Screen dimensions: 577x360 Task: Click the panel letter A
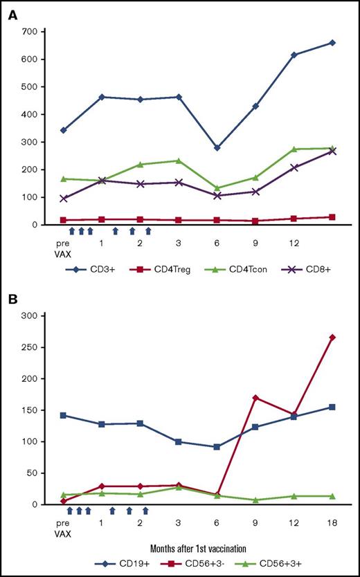(12, 15)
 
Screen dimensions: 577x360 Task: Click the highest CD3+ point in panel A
(332, 43)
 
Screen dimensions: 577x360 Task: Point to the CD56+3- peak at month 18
(332, 337)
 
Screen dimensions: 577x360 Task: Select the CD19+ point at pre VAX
(64, 415)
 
